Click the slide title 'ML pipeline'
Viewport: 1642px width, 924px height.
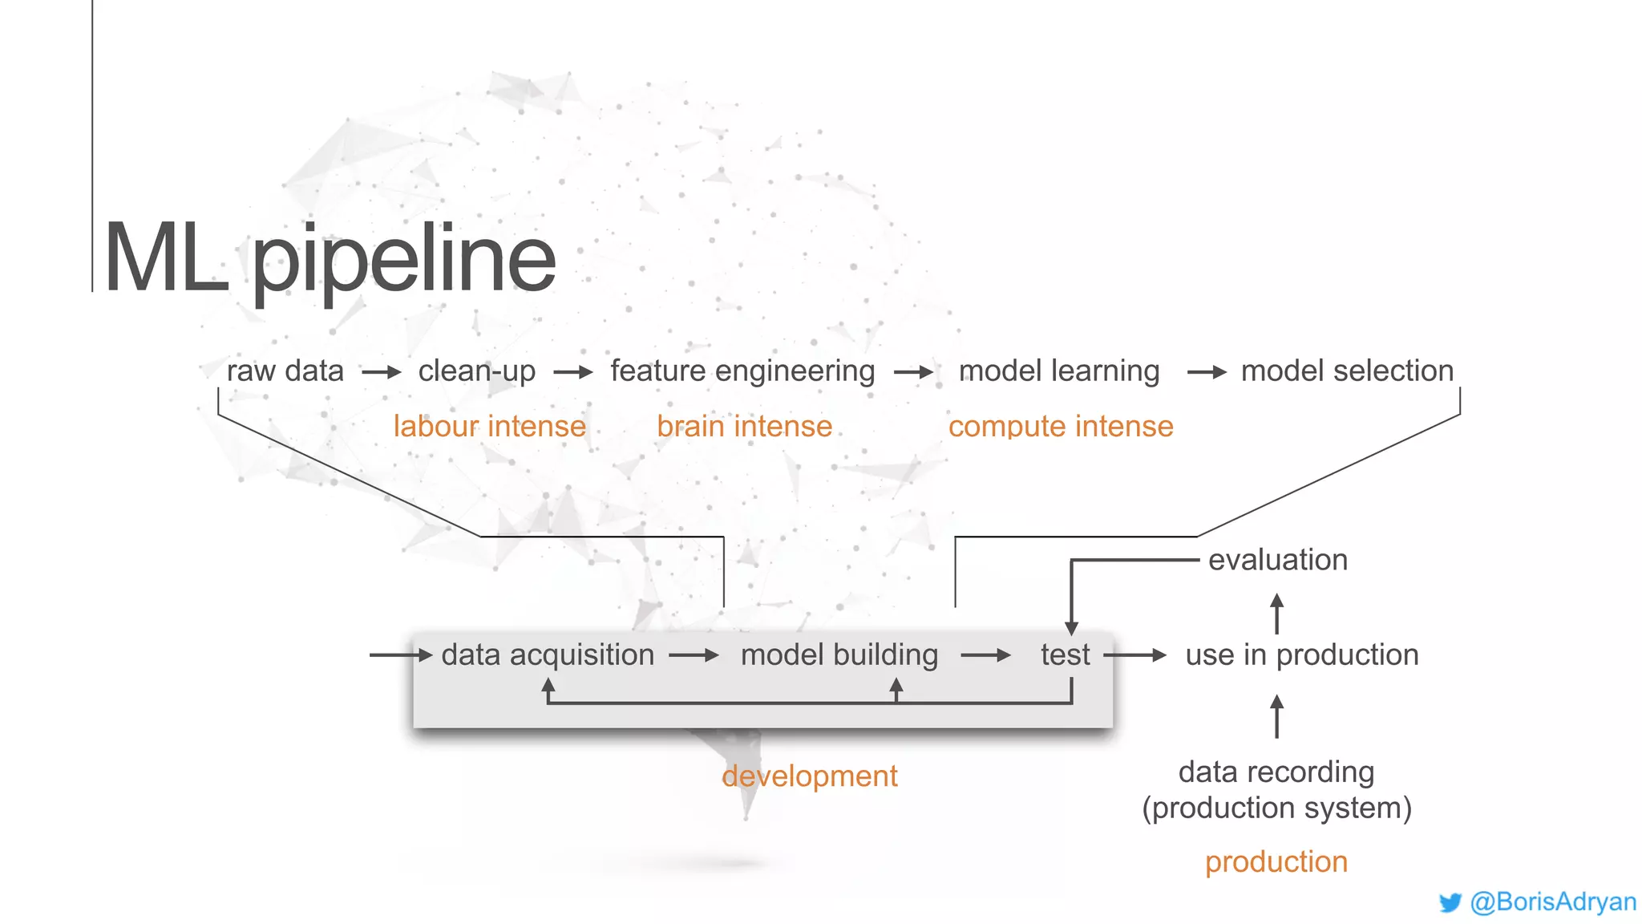330,259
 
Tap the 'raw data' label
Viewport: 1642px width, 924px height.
285,371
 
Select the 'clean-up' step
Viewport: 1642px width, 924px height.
477,371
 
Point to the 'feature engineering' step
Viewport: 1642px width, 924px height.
742,371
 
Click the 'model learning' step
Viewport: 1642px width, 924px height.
1059,371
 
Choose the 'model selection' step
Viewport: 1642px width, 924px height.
1347,371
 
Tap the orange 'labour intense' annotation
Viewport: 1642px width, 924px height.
489,427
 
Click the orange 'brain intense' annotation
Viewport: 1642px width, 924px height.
744,427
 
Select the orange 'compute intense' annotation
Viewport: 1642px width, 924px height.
1061,427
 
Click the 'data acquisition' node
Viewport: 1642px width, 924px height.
548,655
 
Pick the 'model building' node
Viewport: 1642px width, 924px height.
839,655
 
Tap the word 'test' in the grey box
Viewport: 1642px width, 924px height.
1065,655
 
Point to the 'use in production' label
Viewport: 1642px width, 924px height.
1302,655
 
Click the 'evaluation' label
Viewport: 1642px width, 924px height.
1278,560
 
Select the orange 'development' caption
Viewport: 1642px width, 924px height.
810,776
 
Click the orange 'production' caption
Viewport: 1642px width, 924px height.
1276,862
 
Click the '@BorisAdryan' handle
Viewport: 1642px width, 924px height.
1553,902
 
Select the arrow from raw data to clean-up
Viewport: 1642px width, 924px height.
381,372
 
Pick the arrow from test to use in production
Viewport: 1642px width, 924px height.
1135,656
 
